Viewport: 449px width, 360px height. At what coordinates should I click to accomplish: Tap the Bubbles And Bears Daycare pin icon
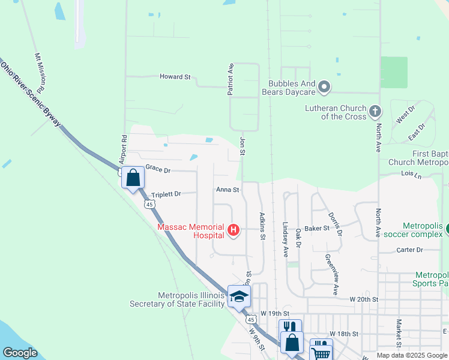click(x=324, y=88)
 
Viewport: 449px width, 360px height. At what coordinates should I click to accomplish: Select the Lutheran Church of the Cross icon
click(x=375, y=111)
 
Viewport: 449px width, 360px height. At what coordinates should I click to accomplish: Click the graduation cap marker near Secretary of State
click(x=239, y=297)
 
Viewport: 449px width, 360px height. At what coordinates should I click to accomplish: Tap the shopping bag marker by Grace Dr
click(x=133, y=178)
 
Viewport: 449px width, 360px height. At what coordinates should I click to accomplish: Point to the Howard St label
click(x=175, y=77)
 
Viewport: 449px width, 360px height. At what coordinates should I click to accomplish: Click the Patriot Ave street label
click(x=231, y=79)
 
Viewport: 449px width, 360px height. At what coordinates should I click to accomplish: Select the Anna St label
click(x=228, y=190)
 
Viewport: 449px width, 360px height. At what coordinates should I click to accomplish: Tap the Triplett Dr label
click(x=166, y=194)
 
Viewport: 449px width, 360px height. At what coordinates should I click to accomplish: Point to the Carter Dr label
click(x=411, y=250)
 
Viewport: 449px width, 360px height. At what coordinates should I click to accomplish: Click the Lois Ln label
click(x=411, y=175)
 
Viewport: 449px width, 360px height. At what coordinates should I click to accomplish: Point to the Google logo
click(x=20, y=353)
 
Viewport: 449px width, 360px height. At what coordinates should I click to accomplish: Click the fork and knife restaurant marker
click(x=290, y=328)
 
